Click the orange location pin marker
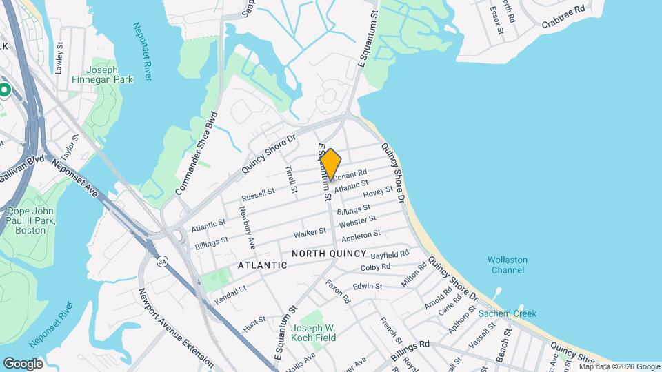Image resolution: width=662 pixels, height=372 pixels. [x=331, y=164]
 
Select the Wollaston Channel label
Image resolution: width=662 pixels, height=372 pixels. [x=507, y=265]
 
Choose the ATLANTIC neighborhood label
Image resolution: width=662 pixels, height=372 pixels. [x=262, y=265]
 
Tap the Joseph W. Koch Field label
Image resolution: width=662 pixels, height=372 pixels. [x=313, y=333]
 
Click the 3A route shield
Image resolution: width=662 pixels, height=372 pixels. [x=162, y=261]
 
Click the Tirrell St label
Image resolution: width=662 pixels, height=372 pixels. [x=292, y=178]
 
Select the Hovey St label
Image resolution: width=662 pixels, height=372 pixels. [x=378, y=194]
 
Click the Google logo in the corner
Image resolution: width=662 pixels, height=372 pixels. [x=23, y=363]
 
